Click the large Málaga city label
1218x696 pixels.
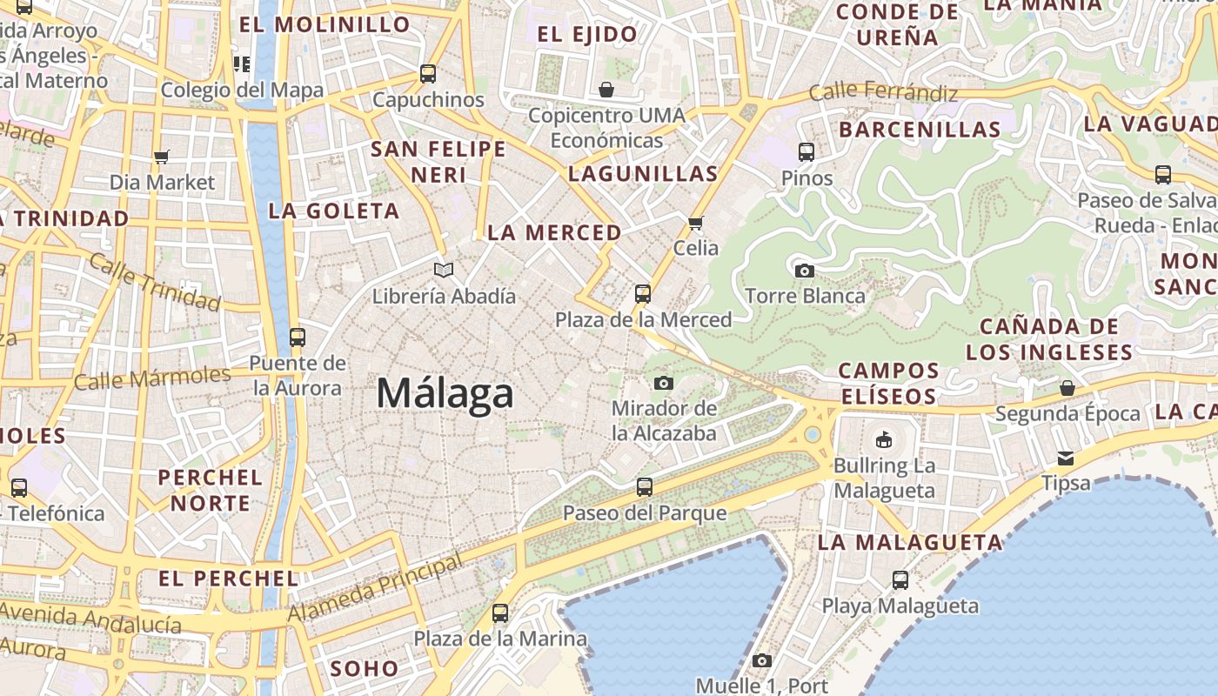445,394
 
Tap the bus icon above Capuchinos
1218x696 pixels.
428,74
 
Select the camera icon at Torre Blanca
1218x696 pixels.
805,271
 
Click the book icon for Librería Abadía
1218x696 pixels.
444,271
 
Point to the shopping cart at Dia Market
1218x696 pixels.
161,157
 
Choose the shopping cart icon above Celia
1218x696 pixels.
696,224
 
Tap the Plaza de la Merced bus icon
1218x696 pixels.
643,294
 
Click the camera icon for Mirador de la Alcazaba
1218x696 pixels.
664,383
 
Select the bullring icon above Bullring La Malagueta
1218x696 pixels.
884,439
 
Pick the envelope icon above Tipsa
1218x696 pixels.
1066,458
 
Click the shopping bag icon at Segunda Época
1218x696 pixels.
1067,388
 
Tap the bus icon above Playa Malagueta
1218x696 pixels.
900,579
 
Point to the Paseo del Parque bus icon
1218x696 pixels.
645,487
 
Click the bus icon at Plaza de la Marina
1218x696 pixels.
500,613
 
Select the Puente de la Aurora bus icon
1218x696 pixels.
298,338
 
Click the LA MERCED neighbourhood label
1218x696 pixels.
554,233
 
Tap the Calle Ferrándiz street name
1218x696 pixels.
883,92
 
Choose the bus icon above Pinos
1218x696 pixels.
806,152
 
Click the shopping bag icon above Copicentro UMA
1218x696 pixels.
606,90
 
